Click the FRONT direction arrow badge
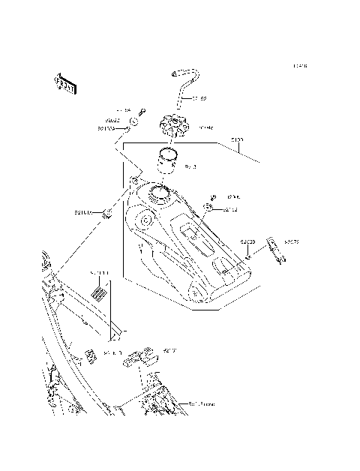66,84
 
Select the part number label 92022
113,120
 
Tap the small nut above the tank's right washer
212,196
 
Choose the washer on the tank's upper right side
210,208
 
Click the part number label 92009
247,241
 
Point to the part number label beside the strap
291,241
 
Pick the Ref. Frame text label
200,404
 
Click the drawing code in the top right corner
300,67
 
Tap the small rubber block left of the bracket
89,355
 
